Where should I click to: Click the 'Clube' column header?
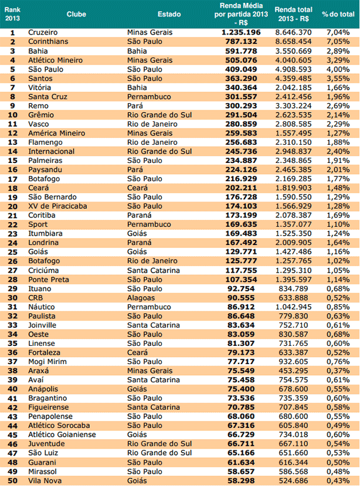pyautogui.click(x=76, y=13)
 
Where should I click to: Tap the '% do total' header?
pyautogui.click(x=337, y=13)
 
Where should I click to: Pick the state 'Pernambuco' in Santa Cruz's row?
pyautogui.click(x=149, y=96)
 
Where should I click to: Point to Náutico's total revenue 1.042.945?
pyautogui.click(x=297, y=306)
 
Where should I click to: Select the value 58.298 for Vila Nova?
pyautogui.click(x=247, y=480)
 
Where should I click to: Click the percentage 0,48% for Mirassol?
pyautogui.click(x=337, y=471)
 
